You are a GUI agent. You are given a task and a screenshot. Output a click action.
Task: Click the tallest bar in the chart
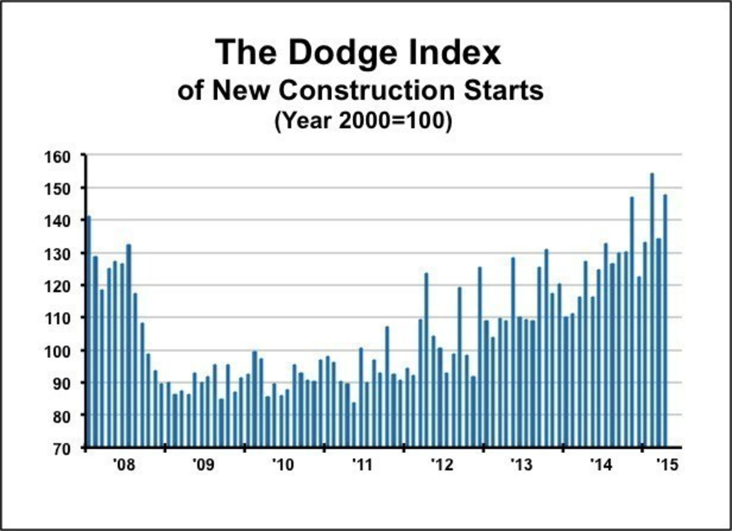click(652, 310)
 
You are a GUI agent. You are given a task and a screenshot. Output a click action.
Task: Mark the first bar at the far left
click(89, 332)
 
